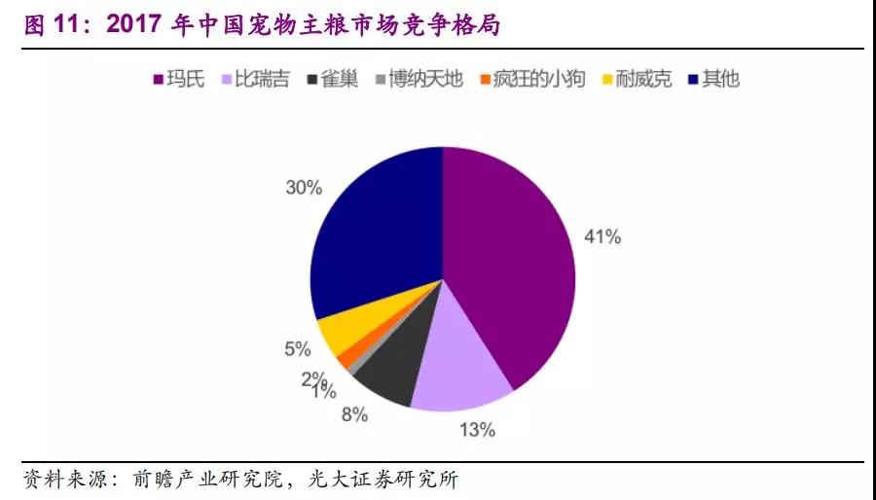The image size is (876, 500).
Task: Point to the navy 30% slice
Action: pyautogui.click(x=375, y=229)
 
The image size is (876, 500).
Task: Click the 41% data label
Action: pyautogui.click(x=602, y=236)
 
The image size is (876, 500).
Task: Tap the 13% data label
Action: pyautogui.click(x=477, y=428)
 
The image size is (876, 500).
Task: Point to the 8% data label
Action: pyautogui.click(x=354, y=415)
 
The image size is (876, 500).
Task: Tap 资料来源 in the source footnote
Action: pyautogui.click(x=62, y=480)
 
